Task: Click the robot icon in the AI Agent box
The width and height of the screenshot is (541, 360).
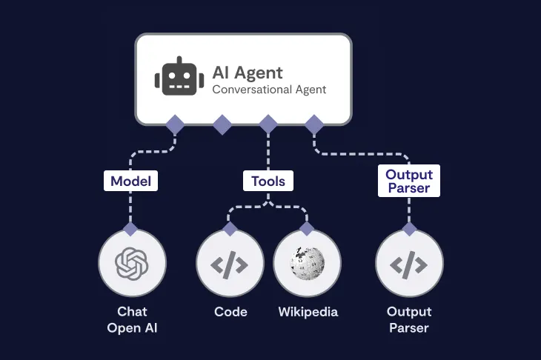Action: tap(179, 76)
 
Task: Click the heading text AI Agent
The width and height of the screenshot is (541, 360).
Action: tap(247, 72)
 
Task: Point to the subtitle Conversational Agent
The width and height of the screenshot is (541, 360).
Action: tap(269, 90)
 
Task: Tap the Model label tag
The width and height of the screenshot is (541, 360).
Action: tap(131, 181)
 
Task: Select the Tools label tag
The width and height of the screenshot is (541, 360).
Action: tap(268, 181)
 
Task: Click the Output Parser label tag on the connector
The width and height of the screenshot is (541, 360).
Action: tap(409, 181)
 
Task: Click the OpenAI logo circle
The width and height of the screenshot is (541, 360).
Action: tap(132, 262)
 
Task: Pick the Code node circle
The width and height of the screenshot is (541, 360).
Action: tap(230, 262)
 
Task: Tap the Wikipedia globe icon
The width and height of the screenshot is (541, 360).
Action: tap(307, 262)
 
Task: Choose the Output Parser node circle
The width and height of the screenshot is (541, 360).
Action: tap(409, 262)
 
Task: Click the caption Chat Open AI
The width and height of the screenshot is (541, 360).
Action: tap(132, 319)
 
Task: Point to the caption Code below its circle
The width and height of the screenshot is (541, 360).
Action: tap(230, 312)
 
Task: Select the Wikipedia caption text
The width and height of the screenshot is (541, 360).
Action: tap(308, 312)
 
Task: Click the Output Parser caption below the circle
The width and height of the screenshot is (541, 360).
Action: tap(409, 319)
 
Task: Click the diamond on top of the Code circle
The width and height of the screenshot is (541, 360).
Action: tap(230, 228)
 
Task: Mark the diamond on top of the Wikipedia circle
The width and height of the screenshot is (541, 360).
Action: tap(307, 228)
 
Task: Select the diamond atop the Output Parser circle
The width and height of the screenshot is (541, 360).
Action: tap(409, 228)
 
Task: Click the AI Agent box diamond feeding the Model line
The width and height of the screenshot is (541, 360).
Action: tap(175, 124)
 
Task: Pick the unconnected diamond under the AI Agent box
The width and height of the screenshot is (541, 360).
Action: tap(222, 124)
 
